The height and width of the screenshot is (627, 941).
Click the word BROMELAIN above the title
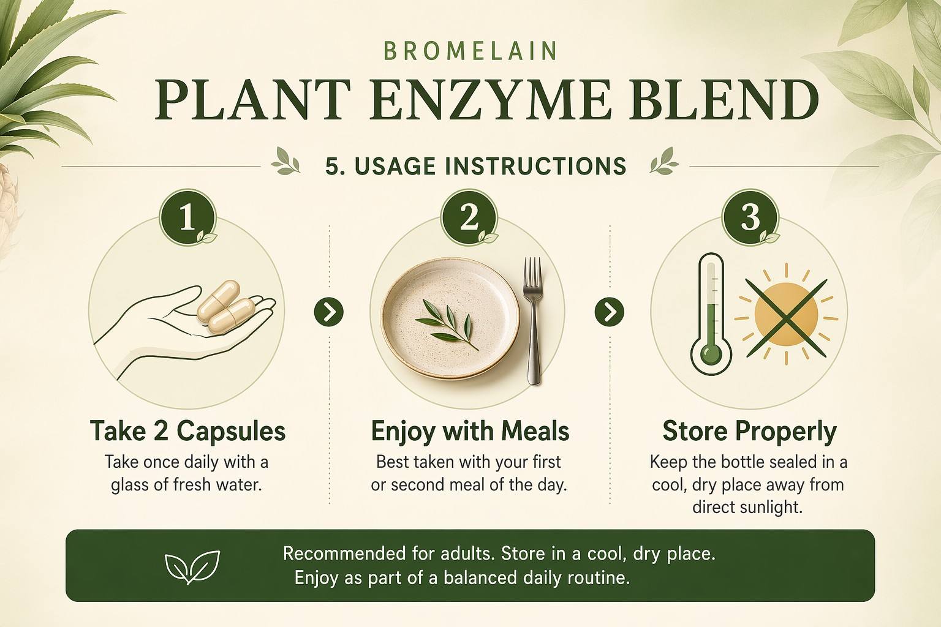point(470,51)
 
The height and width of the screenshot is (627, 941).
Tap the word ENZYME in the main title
point(489,101)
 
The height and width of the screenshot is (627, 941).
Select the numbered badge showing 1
point(187,217)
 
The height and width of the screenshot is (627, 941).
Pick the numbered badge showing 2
point(469,217)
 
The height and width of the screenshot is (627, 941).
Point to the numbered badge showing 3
point(750,217)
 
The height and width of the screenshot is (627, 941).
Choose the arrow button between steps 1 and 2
point(328,312)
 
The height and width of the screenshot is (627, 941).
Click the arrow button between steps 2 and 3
point(610,312)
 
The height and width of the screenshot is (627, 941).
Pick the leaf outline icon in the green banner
point(192,566)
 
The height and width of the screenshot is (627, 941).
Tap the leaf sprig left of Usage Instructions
point(285,162)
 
